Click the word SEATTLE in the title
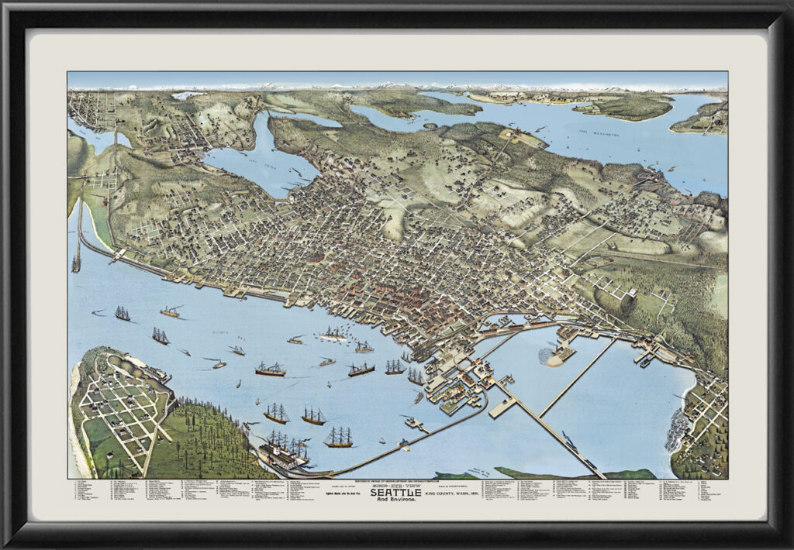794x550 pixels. click(396, 492)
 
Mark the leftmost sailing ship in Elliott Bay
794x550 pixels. click(123, 313)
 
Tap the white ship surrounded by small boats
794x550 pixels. click(333, 335)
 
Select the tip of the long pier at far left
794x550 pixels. click(76, 263)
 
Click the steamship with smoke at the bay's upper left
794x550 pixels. click(171, 311)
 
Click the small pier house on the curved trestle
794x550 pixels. click(413, 423)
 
